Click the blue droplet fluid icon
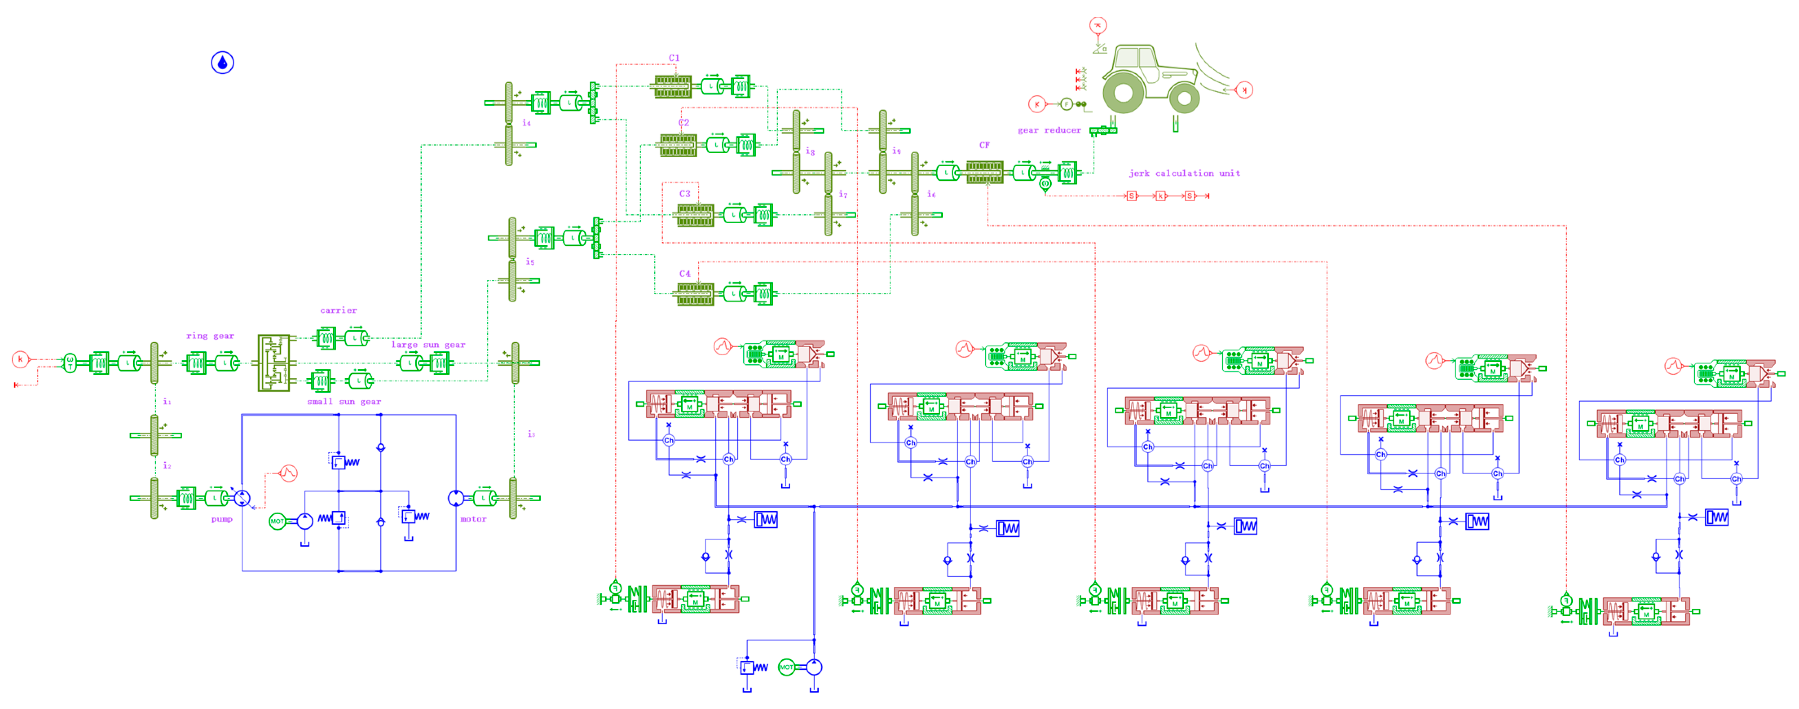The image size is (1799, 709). click(x=222, y=63)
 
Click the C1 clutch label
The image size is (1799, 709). click(x=674, y=58)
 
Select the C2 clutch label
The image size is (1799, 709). click(x=684, y=122)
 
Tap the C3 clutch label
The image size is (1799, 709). click(x=684, y=194)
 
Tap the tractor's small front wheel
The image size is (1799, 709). click(x=1184, y=99)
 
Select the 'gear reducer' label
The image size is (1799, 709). click(x=1049, y=130)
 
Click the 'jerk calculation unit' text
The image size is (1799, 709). click(x=1184, y=173)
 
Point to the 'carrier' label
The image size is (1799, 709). click(x=338, y=310)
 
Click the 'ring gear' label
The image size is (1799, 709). click(x=210, y=336)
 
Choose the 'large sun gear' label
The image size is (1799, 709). click(x=428, y=344)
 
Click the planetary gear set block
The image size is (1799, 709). click(x=274, y=363)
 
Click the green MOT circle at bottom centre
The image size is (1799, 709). click(x=786, y=667)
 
